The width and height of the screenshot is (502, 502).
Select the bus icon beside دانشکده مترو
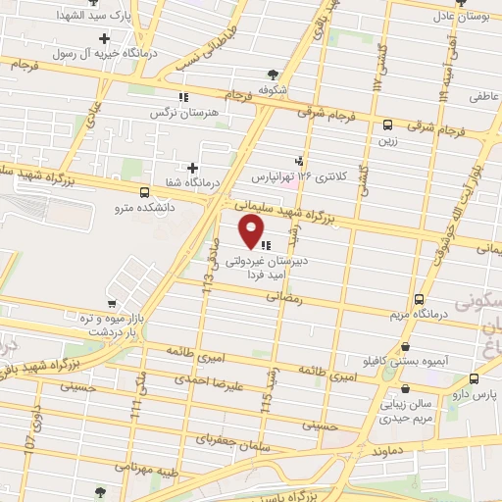(145, 192)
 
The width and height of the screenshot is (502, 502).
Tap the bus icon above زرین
(388, 125)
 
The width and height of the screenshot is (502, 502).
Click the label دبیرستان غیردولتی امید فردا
(279, 270)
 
